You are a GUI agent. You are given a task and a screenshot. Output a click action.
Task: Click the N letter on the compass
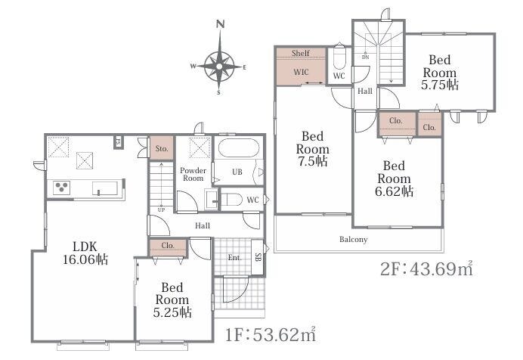(220, 24)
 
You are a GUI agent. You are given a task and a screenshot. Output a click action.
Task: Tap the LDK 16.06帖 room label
(85, 253)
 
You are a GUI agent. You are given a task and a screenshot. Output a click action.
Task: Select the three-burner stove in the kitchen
(62, 187)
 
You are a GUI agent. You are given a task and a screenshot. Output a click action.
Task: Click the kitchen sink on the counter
(105, 188)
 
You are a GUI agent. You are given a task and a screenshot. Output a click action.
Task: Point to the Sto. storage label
(162, 148)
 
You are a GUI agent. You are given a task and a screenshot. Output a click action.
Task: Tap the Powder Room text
(193, 174)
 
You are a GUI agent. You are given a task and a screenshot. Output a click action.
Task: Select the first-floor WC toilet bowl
(232, 200)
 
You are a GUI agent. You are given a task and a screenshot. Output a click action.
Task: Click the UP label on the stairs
(161, 209)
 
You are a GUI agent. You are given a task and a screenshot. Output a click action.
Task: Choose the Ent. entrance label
(235, 258)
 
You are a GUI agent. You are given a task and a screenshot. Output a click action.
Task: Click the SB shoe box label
(258, 257)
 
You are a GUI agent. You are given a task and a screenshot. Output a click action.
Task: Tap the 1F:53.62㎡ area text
(271, 334)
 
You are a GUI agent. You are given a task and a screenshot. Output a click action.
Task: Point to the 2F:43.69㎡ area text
(426, 268)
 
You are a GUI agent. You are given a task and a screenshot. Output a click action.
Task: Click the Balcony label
(354, 239)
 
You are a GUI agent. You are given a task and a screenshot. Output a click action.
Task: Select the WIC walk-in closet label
(301, 72)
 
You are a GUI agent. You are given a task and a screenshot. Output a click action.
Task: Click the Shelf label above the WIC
(301, 53)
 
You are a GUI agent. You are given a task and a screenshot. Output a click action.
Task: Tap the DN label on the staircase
(366, 57)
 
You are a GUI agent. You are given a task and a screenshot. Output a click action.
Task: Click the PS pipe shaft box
(118, 141)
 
